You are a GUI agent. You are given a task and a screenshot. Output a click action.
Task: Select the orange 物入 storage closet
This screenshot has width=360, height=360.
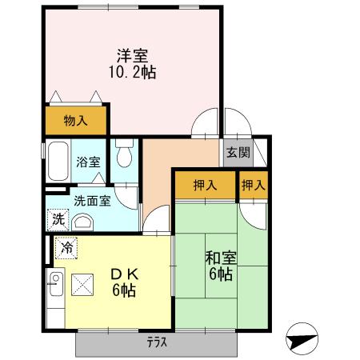(x=76, y=122)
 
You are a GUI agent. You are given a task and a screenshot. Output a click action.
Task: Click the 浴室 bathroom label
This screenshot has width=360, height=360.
(x=88, y=162)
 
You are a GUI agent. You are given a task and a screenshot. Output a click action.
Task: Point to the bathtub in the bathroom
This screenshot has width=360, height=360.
(x=58, y=162)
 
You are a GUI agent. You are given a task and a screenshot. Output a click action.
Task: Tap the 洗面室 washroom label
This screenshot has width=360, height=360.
(x=93, y=201)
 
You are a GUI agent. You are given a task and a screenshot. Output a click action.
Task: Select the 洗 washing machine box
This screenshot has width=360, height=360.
(x=59, y=218)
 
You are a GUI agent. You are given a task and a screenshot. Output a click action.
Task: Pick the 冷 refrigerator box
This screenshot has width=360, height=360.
(x=67, y=248)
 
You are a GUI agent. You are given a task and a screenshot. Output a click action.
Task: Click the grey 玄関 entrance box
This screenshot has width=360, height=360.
(x=238, y=152)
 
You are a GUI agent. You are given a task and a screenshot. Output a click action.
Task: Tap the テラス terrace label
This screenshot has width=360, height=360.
(x=156, y=343)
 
